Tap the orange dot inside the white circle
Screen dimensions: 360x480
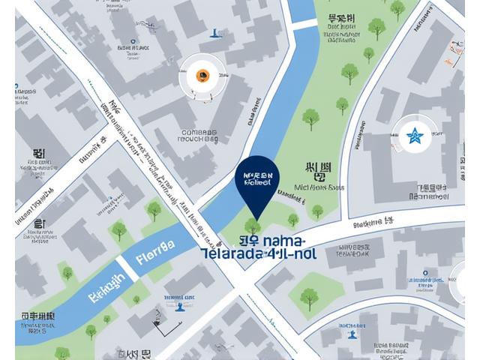[x=202, y=74]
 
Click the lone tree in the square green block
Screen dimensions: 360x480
[x=309, y=298]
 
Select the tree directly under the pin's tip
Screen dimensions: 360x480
[x=253, y=225]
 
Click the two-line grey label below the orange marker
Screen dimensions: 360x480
[x=199, y=133]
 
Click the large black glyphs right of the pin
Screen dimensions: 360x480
[x=319, y=172]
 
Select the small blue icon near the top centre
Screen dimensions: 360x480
[x=215, y=33]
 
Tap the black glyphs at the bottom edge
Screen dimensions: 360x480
[x=136, y=354]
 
